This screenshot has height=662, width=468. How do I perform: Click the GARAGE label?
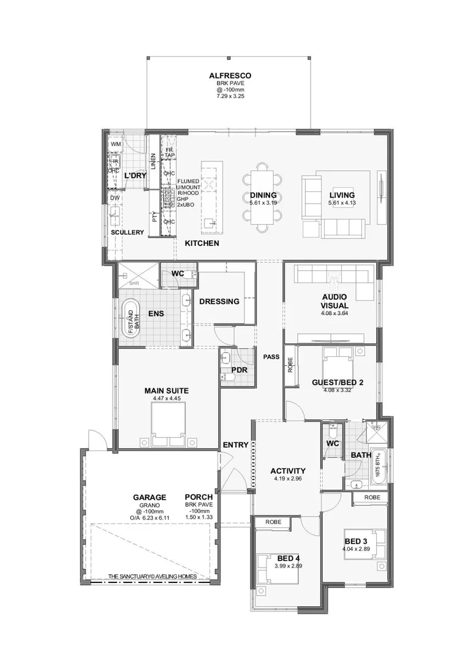[149, 497]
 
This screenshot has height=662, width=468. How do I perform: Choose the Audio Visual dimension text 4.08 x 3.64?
[334, 313]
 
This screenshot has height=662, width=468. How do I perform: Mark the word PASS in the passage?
[271, 356]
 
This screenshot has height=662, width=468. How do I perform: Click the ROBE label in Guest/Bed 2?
[290, 366]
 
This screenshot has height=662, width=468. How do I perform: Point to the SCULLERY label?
[127, 232]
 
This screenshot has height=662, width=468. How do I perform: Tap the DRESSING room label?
[219, 301]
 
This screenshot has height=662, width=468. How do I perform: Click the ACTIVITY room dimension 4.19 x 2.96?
[288, 479]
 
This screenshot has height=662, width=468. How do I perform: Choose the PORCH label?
[198, 497]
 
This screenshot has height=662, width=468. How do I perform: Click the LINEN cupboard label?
[153, 162]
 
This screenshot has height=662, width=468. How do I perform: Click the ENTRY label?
[235, 445]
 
